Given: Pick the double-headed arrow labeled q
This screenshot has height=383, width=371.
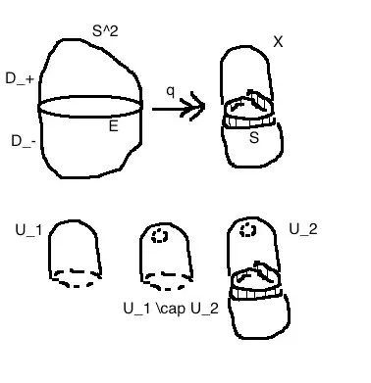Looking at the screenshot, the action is [x=183, y=107].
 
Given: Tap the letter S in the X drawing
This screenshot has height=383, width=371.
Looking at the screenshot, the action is [x=254, y=139].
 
